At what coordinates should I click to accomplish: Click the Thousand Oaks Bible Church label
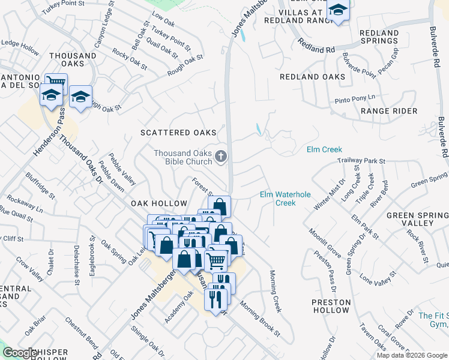[182, 157]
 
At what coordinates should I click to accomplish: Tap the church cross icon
[221, 157]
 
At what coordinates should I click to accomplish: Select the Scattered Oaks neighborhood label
[178, 132]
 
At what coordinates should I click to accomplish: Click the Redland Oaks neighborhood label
[313, 77]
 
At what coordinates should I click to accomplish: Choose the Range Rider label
[389, 111]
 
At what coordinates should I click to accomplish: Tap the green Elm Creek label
[324, 149]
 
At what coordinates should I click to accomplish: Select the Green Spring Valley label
[418, 219]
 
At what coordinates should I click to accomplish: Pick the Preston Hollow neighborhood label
[330, 306]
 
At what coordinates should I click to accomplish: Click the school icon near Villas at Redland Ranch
[339, 10]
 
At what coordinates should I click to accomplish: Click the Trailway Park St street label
[361, 161]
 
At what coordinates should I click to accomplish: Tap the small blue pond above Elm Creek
[258, 129]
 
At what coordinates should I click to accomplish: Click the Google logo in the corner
[20, 353]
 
